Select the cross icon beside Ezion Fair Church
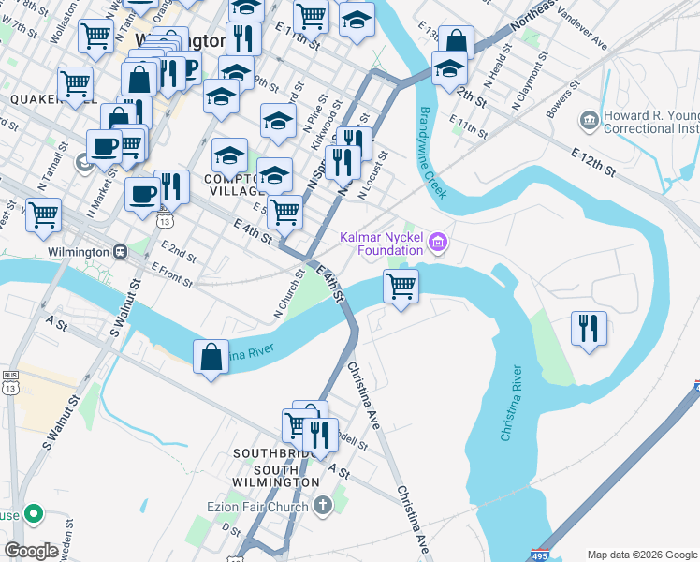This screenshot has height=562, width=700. tap(323, 508)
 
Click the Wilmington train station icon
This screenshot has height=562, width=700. tap(120, 252)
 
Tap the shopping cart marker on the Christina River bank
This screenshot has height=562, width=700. tap(401, 286)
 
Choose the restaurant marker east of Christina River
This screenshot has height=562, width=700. tap(589, 328)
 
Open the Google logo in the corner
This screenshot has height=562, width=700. tap(32, 550)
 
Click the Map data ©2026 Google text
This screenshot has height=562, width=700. tap(642, 555)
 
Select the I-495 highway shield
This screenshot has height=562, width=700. tap(540, 555)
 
